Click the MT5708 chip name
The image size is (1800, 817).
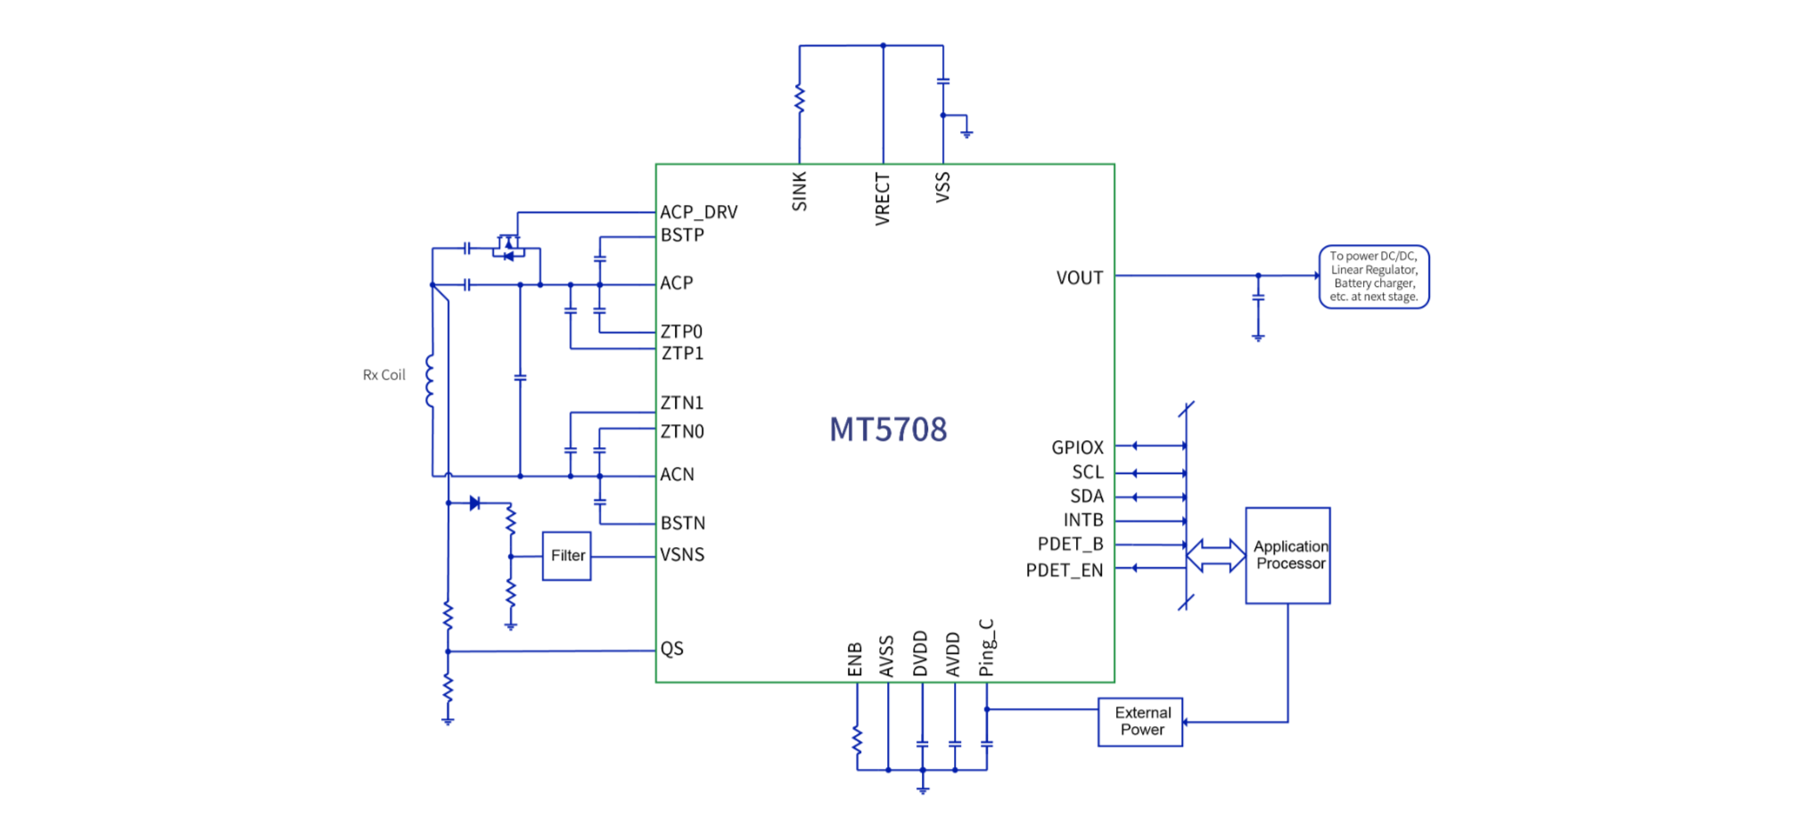pyautogui.click(x=888, y=429)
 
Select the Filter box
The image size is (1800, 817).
pyautogui.click(x=567, y=556)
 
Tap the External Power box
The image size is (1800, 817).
pyautogui.click(x=1140, y=722)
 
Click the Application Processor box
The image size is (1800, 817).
pyautogui.click(x=1288, y=555)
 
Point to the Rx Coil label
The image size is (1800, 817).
pyautogui.click(x=383, y=375)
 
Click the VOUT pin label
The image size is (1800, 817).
pyautogui.click(x=1080, y=278)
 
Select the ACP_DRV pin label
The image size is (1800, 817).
pyautogui.click(x=699, y=212)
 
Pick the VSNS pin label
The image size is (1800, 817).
pyautogui.click(x=682, y=555)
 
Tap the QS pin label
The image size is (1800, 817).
pyautogui.click(x=672, y=649)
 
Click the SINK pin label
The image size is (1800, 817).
pyautogui.click(x=800, y=192)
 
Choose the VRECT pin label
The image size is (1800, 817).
pyautogui.click(x=883, y=199)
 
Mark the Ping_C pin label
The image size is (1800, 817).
pyautogui.click(x=986, y=648)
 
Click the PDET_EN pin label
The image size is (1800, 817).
pyautogui.click(x=1064, y=570)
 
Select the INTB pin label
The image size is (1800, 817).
pyautogui.click(x=1083, y=520)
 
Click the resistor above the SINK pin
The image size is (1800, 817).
pyautogui.click(x=800, y=99)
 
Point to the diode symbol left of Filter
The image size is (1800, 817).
pyautogui.click(x=474, y=503)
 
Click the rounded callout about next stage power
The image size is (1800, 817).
pyautogui.click(x=1374, y=277)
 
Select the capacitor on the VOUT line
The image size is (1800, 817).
pyautogui.click(x=1258, y=298)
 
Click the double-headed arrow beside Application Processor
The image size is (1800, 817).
pyautogui.click(x=1215, y=555)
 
